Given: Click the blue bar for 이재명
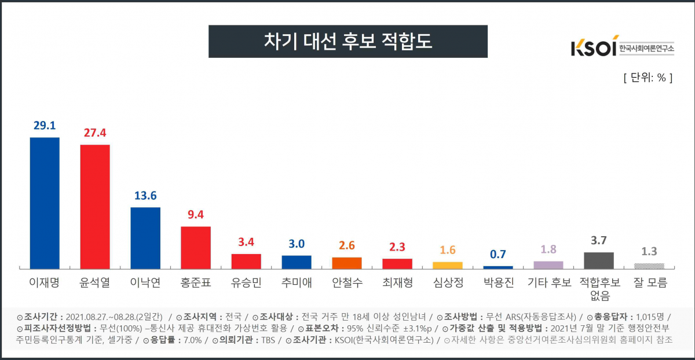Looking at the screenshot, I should click(45, 203).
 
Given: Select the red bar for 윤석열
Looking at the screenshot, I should click(95, 206).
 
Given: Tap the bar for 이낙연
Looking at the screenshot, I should click(145, 237).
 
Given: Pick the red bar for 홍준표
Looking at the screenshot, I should click(196, 247).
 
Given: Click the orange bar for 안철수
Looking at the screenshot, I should click(347, 263).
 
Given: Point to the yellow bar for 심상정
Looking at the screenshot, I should click(448, 265).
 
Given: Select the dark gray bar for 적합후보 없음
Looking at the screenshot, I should click(599, 260).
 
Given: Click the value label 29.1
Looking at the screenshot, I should click(45, 126).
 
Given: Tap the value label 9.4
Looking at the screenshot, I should click(196, 215).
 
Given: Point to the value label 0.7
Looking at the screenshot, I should click(498, 254).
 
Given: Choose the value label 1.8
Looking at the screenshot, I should click(548, 249).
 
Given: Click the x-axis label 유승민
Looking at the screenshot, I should click(246, 283).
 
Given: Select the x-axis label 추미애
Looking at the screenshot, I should click(297, 283).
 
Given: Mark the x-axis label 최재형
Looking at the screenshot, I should click(397, 283).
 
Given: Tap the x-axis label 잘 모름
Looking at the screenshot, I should click(649, 283).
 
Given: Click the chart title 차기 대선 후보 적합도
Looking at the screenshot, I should click(348, 41).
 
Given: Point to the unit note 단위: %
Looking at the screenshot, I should click(648, 78).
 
